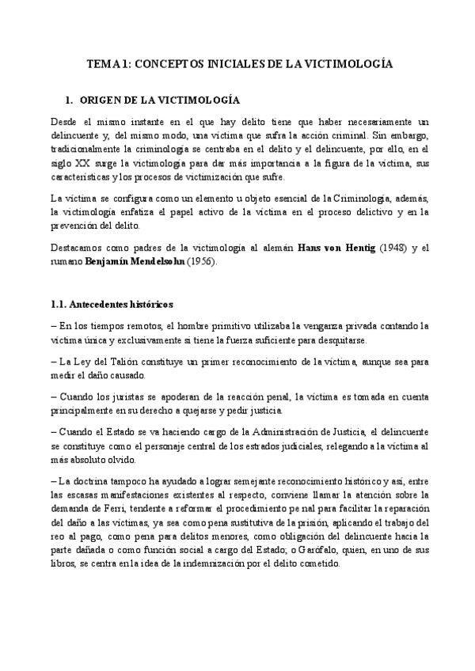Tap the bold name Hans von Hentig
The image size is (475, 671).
[x=329, y=248]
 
